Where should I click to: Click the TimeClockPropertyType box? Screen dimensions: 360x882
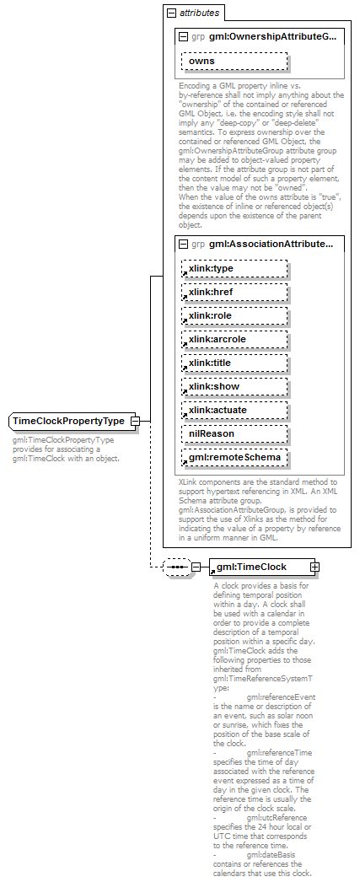(x=68, y=421)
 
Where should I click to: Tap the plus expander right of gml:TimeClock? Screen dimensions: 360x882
(x=314, y=544)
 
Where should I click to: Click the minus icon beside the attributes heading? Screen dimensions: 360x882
(x=171, y=13)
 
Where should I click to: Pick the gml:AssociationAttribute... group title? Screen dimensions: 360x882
(x=271, y=245)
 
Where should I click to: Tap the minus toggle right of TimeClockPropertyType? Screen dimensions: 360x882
(x=134, y=421)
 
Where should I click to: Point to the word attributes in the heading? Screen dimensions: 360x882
(x=199, y=13)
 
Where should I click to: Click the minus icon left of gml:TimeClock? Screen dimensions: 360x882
(x=196, y=544)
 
